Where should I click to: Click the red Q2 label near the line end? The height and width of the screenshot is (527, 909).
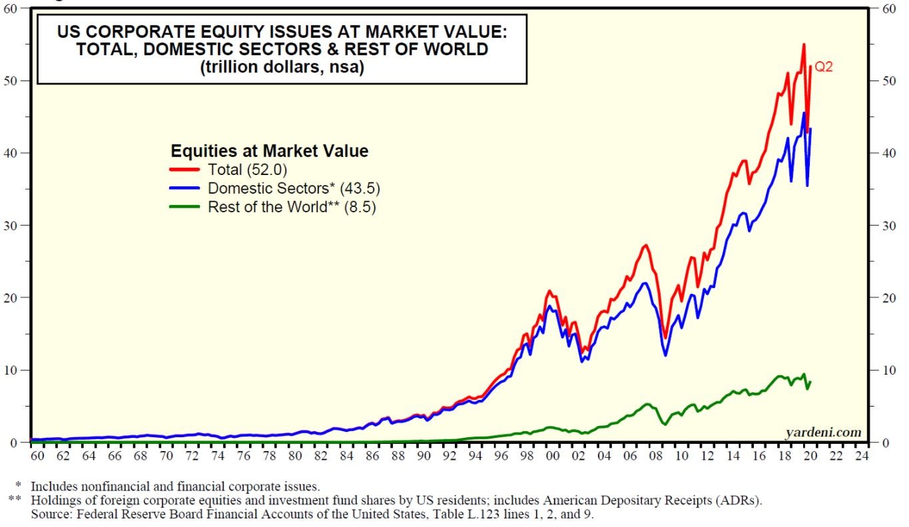pyautogui.click(x=824, y=67)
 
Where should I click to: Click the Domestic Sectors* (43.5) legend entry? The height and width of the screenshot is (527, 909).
pyautogui.click(x=294, y=188)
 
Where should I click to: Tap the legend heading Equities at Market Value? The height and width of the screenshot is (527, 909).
pyautogui.click(x=270, y=150)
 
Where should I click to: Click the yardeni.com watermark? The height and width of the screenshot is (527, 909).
pyautogui.click(x=823, y=433)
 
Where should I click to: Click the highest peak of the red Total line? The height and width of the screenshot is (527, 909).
pyautogui.click(x=804, y=45)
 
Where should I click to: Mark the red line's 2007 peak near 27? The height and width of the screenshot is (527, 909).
pyautogui.click(x=646, y=245)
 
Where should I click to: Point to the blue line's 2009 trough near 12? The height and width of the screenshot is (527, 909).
pyautogui.click(x=665, y=355)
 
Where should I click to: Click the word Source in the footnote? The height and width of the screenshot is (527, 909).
pyautogui.click(x=49, y=514)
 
